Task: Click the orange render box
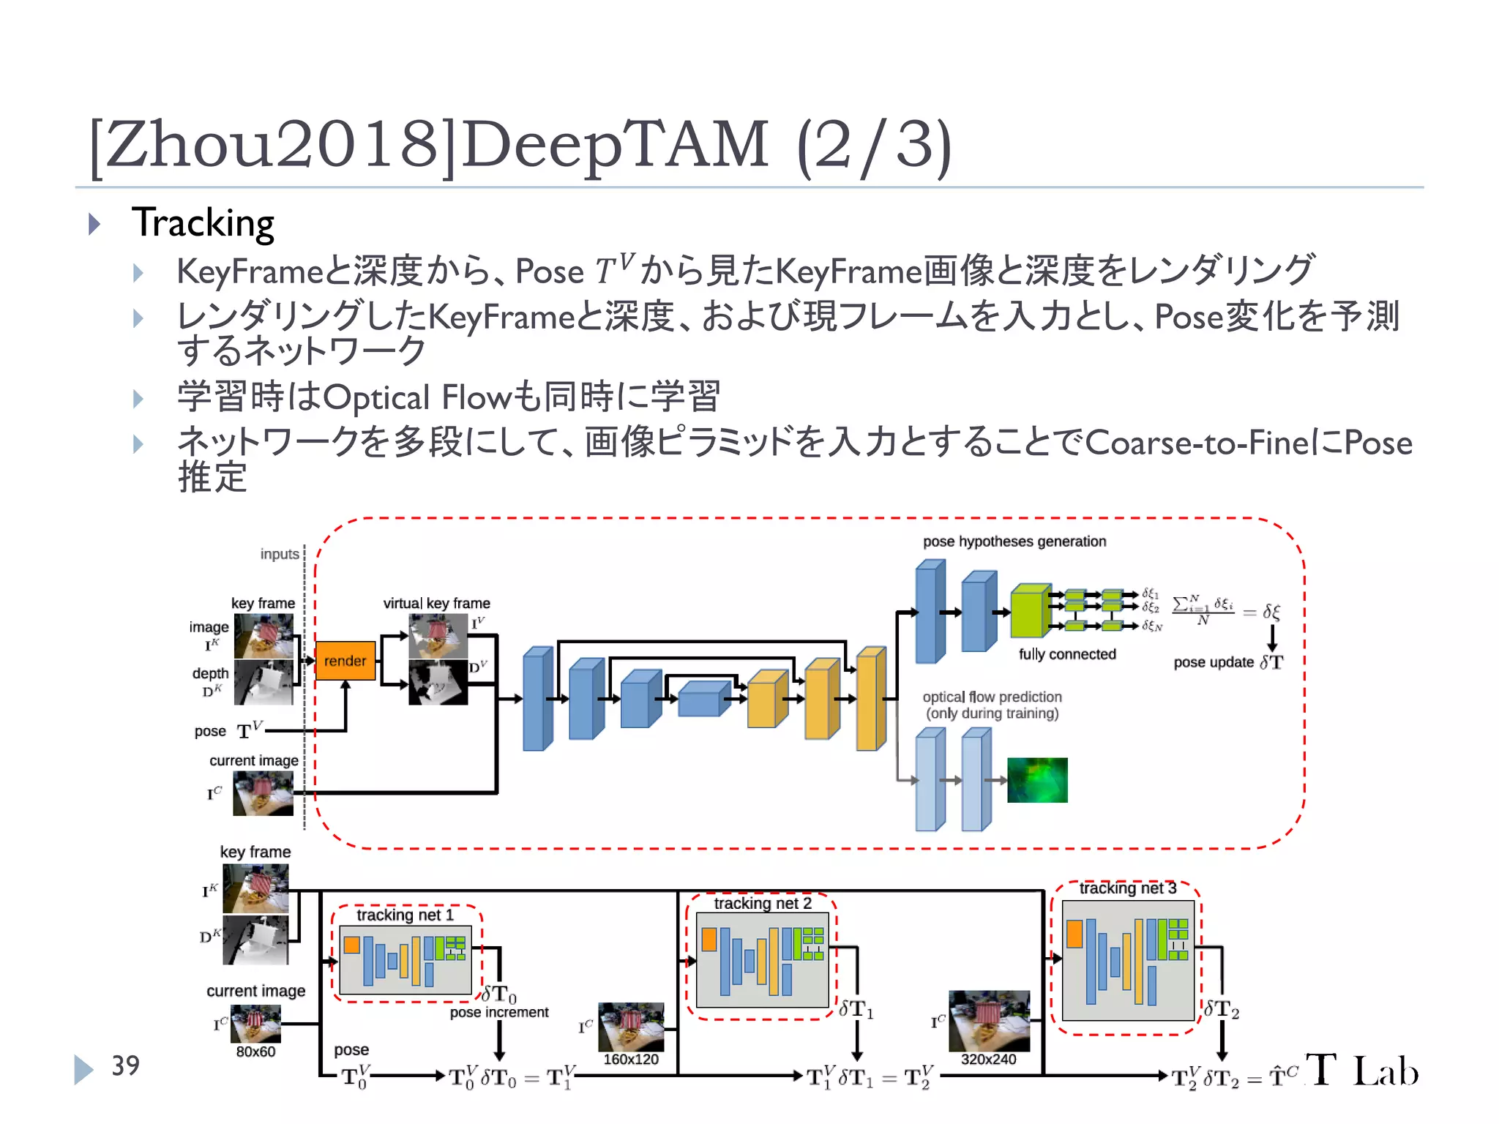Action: click(345, 661)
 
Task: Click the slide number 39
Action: click(125, 1065)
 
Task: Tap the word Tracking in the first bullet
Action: click(203, 223)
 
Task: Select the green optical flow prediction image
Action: click(1037, 780)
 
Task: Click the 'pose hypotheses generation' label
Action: click(1014, 542)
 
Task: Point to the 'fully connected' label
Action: click(1067, 654)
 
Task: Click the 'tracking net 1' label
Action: click(405, 915)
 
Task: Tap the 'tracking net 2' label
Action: click(763, 903)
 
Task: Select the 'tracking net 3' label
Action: click(1127, 888)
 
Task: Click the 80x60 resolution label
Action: click(255, 1052)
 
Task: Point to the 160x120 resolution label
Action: click(631, 1059)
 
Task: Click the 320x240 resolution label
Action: click(988, 1059)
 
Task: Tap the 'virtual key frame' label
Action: click(436, 603)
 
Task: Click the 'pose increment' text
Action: click(499, 1012)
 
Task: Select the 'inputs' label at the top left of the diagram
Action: click(280, 554)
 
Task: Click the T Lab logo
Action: click(1361, 1071)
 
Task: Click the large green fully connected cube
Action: click(1029, 612)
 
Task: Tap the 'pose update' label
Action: click(1214, 662)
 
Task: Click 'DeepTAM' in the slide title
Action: click(615, 144)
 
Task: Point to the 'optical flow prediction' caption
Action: click(992, 697)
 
